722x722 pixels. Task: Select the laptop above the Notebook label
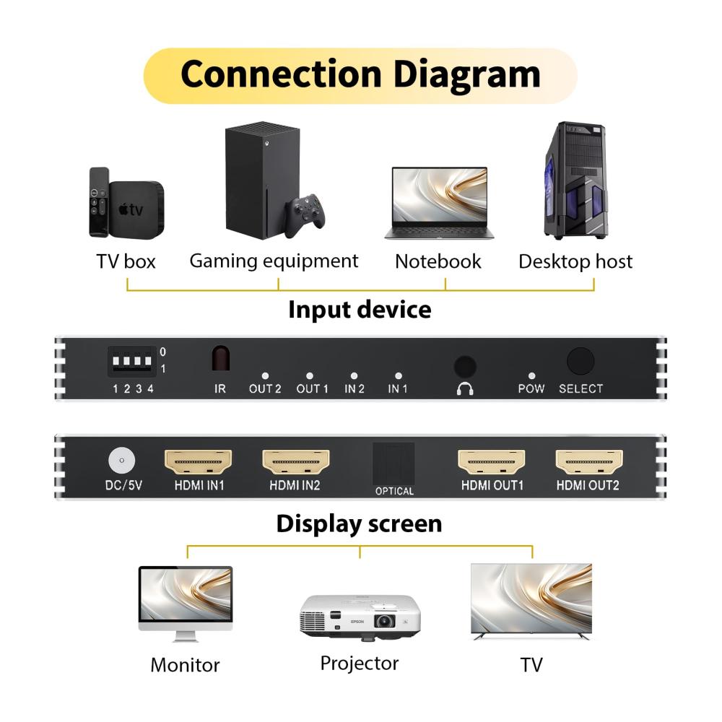point(439,202)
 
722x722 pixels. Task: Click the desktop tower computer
point(574,180)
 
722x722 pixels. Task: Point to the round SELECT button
point(580,362)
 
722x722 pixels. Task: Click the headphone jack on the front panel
point(465,366)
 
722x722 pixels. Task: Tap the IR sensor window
point(220,359)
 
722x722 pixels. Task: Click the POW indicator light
point(531,376)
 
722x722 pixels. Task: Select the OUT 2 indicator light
point(265,376)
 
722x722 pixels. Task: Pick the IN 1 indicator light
point(398,376)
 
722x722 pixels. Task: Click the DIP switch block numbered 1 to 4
point(130,360)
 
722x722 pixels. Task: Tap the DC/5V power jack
point(121,460)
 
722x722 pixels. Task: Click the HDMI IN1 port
point(199,461)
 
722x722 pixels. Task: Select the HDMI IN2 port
point(295,461)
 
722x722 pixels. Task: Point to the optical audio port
point(393,463)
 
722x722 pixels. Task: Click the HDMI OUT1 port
point(492,461)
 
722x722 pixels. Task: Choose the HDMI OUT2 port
point(588,461)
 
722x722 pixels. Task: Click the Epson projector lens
point(385,620)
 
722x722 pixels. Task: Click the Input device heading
point(360,310)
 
